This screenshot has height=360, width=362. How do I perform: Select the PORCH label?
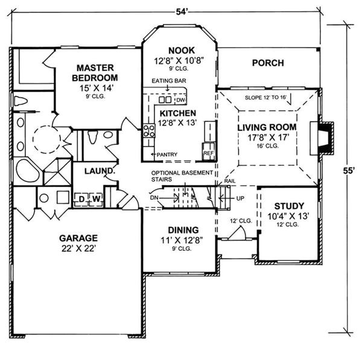click(268, 62)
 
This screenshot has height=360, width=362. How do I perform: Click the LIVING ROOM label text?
click(267, 127)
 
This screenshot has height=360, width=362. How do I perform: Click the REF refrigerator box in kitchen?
click(208, 153)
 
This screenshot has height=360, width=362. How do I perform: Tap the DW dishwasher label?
click(180, 100)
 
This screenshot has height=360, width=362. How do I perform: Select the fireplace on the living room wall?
click(326, 137)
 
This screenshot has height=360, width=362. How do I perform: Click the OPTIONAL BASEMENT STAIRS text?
click(183, 175)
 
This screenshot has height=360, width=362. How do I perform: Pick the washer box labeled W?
click(95, 198)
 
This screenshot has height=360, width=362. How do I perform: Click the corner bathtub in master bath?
click(27, 171)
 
